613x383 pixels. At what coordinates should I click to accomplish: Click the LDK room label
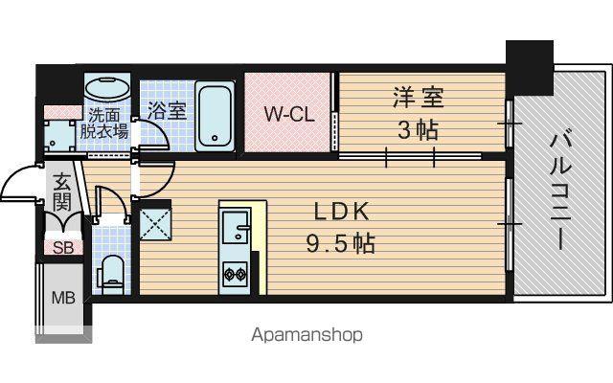click(342, 212)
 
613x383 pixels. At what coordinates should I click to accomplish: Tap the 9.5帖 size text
click(340, 244)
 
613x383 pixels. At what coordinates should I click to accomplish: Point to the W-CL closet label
click(289, 114)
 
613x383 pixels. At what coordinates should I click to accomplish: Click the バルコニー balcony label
click(561, 190)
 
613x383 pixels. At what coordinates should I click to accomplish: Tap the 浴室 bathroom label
click(167, 110)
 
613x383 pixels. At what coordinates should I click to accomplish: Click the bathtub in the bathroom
click(215, 117)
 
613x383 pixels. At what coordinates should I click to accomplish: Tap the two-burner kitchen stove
click(235, 274)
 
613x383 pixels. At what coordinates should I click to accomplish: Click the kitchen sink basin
click(235, 226)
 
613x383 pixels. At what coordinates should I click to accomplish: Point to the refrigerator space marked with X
click(155, 223)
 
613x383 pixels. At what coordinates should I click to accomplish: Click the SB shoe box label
click(63, 247)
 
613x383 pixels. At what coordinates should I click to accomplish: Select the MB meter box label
click(63, 299)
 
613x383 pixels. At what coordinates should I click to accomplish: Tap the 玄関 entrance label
click(62, 191)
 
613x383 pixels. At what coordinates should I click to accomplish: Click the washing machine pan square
click(58, 135)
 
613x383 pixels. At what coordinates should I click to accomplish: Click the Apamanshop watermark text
click(306, 335)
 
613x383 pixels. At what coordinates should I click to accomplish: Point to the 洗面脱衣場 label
click(104, 124)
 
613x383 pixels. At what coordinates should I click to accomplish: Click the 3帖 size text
click(418, 130)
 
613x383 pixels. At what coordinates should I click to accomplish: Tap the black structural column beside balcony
click(530, 67)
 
